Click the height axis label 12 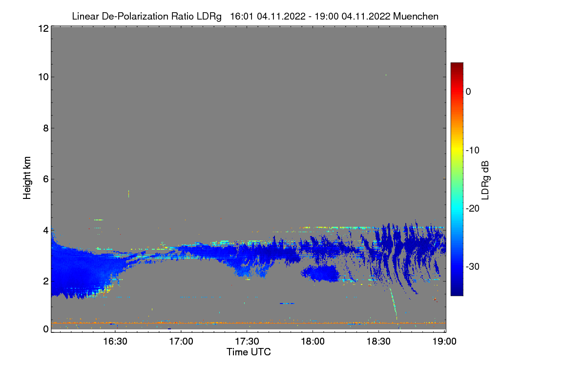click(42, 29)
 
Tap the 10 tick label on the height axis click(42, 77)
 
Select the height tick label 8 click(45, 128)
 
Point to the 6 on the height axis click(45, 179)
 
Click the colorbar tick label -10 click(472, 150)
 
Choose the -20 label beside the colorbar click(472, 208)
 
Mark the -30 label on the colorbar click(472, 266)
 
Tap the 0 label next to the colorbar click(468, 91)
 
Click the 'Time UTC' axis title click(248, 352)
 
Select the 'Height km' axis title click(27, 178)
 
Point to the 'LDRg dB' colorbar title click(485, 179)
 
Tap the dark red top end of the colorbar click(457, 65)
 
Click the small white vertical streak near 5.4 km click(128, 194)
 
